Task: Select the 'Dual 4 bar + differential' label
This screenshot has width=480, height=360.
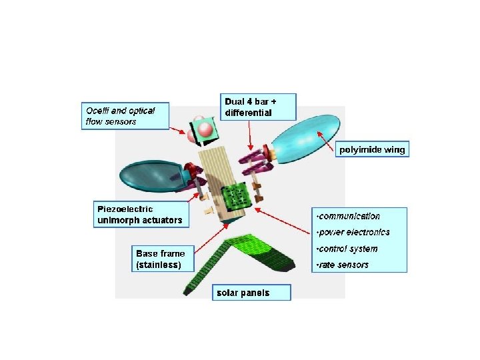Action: tap(259, 107)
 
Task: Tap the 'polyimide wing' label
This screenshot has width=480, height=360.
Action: tap(371, 150)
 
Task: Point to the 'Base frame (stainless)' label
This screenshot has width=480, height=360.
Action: tap(161, 259)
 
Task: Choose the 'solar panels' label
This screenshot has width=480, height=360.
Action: tap(243, 293)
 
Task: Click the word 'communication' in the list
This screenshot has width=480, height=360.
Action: tap(349, 216)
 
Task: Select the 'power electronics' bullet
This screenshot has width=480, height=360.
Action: tap(354, 233)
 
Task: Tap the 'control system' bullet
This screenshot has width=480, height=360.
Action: tap(348, 249)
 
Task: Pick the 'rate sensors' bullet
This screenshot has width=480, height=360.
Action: tap(343, 265)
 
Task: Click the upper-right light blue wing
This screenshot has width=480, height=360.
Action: tap(307, 139)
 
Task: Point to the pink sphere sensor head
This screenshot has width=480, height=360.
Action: tap(203, 131)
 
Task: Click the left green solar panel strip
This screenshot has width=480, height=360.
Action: tap(207, 267)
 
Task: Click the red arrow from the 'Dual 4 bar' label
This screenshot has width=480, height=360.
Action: tap(249, 136)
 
